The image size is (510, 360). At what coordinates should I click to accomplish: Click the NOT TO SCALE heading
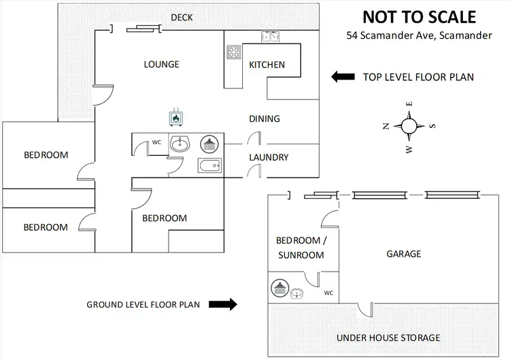pyautogui.click(x=418, y=17)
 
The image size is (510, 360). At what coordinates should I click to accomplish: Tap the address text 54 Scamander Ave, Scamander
pyautogui.click(x=418, y=35)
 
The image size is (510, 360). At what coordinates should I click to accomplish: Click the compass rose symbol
pyautogui.click(x=409, y=125)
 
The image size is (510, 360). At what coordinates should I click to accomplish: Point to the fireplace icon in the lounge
pyautogui.click(x=176, y=117)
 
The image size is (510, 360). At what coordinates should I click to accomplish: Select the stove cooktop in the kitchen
pyautogui.click(x=234, y=52)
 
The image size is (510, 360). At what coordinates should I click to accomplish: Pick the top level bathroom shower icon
pyautogui.click(x=209, y=144)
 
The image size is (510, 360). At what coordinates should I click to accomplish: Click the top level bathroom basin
pyautogui.click(x=182, y=144)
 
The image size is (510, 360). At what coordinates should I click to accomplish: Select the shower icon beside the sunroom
pyautogui.click(x=279, y=289)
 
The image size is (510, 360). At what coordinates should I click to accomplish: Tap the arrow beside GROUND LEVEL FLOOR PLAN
pyautogui.click(x=223, y=304)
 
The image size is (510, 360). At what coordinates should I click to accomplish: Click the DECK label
pyautogui.click(x=182, y=17)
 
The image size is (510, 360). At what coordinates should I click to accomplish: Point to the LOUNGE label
pyautogui.click(x=162, y=65)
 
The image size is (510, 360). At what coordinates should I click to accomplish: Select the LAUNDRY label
pyautogui.click(x=269, y=157)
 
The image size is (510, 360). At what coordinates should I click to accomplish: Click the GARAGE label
pyautogui.click(x=404, y=254)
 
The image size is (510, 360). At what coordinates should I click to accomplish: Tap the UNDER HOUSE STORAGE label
pyautogui.click(x=388, y=338)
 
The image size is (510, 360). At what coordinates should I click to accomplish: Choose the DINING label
pyautogui.click(x=265, y=118)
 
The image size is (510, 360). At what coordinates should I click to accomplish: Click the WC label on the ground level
pyautogui.click(x=329, y=293)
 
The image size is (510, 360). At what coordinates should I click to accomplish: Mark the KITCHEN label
pyautogui.click(x=267, y=65)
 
